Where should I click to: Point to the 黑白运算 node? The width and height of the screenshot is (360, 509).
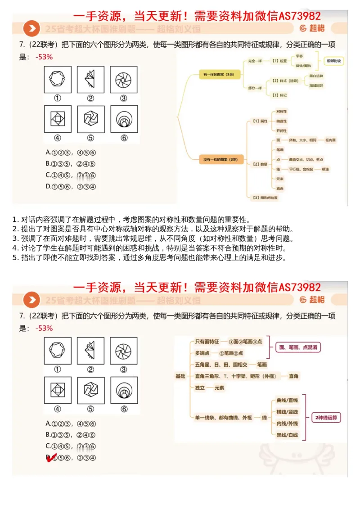coord(316,76)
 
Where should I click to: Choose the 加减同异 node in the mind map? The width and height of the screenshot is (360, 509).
coord(316,85)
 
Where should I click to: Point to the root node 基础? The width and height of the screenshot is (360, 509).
coord(180,376)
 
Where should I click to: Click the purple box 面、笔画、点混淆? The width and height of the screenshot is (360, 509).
coord(299,347)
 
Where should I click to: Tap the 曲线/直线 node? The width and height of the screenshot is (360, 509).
coord(287,400)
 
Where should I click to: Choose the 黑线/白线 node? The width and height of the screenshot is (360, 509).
coord(287,435)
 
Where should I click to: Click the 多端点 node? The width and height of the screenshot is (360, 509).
coord(203,353)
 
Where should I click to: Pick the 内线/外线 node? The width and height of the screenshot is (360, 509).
coord(287,423)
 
